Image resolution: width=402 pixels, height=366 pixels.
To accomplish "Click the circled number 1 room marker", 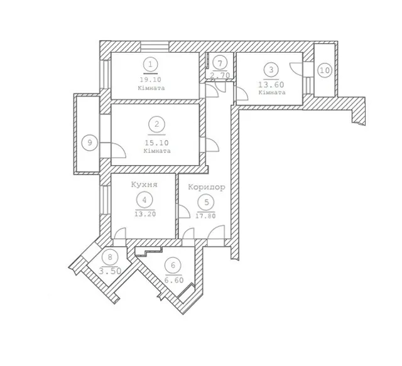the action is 151,64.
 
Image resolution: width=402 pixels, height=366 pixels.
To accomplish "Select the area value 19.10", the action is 151,80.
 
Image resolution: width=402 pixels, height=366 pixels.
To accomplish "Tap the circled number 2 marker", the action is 156,124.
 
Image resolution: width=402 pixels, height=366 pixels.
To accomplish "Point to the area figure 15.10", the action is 156,143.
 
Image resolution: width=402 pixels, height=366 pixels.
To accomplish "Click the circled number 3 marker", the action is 271,70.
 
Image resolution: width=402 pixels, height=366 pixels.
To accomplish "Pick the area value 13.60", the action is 271,84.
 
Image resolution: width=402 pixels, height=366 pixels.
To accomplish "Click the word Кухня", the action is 144,185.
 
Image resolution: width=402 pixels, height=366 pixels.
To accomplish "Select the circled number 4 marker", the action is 144,200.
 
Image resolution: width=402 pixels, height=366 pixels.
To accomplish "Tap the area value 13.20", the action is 145,214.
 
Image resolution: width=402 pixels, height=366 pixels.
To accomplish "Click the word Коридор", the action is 207,187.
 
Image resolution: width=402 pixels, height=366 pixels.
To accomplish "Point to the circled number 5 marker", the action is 207,203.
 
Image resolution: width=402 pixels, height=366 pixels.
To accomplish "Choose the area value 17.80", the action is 205,216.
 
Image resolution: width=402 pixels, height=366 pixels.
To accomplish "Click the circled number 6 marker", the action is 173,266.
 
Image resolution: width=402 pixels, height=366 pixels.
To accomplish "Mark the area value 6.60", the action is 174,280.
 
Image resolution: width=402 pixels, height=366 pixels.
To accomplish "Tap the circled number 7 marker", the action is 220,63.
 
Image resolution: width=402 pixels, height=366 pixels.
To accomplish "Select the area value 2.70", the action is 220,75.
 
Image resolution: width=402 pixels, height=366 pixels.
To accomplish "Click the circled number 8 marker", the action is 110,257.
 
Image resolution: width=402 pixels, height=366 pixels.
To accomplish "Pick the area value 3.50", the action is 110,271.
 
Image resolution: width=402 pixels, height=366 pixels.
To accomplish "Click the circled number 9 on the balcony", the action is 90,143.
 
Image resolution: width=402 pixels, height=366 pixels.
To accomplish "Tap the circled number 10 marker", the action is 325,70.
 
